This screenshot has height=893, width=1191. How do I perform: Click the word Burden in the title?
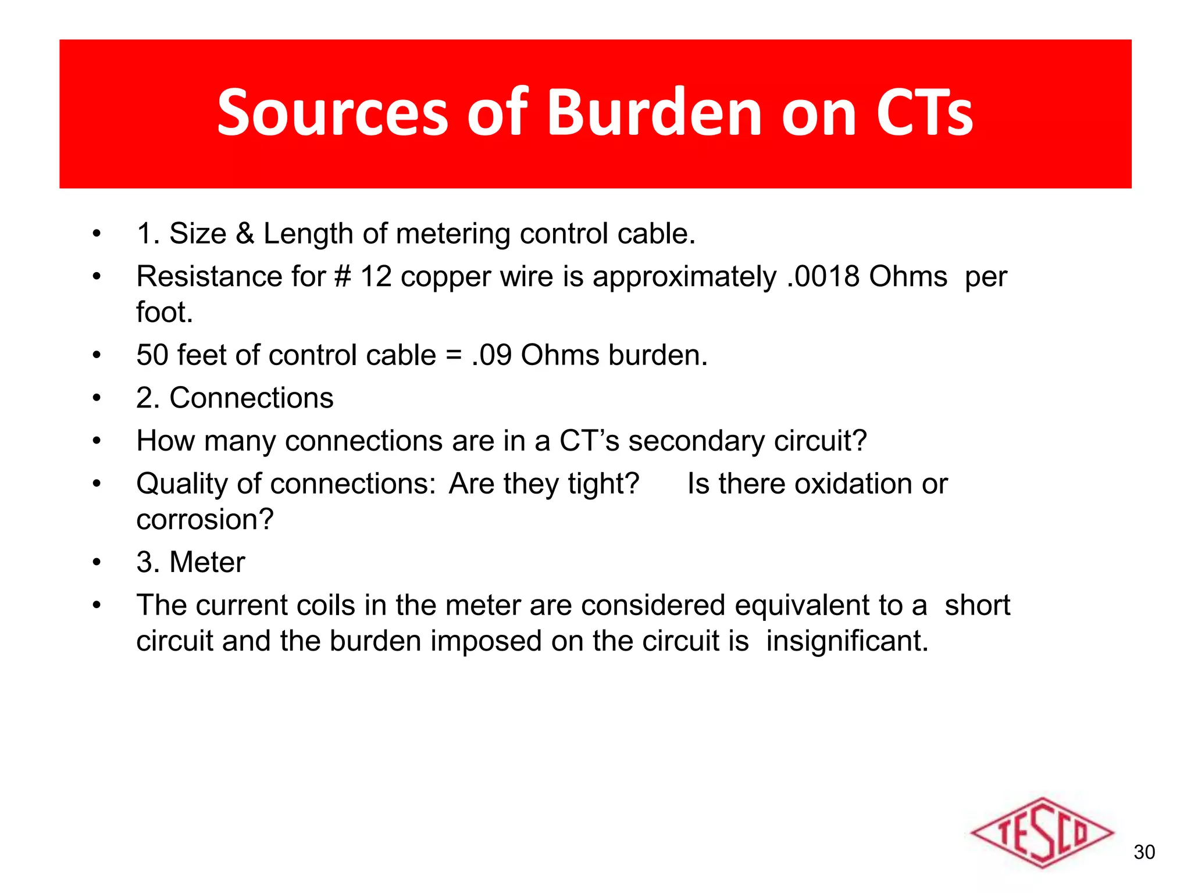(x=654, y=113)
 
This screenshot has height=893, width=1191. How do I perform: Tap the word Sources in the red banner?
(x=332, y=113)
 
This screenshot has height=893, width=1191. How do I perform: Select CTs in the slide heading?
(x=924, y=113)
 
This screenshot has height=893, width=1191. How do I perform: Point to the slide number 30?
(x=1144, y=852)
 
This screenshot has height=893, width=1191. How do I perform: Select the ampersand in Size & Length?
(x=245, y=234)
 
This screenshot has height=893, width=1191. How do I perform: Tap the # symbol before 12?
(x=343, y=277)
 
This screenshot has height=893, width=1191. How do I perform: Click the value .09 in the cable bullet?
(x=491, y=355)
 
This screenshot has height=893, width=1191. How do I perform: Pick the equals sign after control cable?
(x=454, y=355)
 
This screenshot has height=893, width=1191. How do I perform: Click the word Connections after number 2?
(x=251, y=398)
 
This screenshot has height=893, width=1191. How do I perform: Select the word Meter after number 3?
(x=207, y=562)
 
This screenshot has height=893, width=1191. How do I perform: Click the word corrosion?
(x=205, y=520)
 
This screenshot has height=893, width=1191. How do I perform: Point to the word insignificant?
(x=847, y=641)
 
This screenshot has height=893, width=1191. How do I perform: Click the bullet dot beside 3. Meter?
(x=97, y=562)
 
